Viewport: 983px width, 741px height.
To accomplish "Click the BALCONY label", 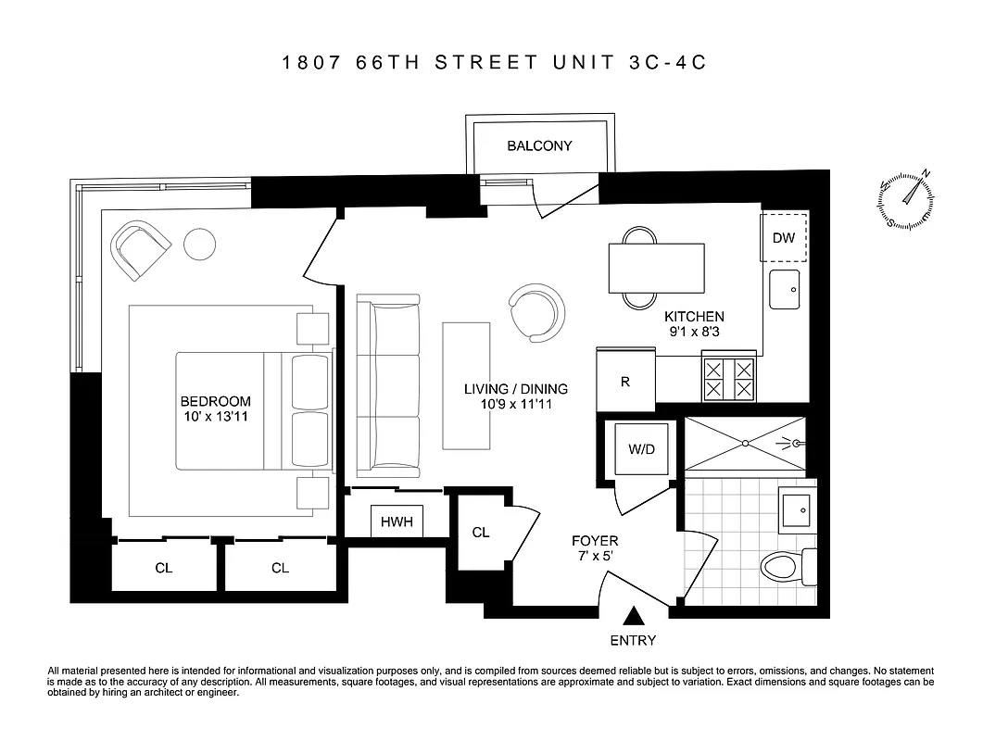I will pos(539,146).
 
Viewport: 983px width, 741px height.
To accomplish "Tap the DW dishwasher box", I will pos(784,238).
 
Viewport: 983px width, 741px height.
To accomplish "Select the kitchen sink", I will pos(785,290).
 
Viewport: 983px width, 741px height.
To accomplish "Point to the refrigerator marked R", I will pos(625,381).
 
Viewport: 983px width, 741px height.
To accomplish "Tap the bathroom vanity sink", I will pos(795,509).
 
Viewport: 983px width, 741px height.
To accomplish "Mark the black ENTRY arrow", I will pos(634,616).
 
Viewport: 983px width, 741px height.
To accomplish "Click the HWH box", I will pos(397,521).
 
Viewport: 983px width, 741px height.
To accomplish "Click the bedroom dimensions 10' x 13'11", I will pos(215,417).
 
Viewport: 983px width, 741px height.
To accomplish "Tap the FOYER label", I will pos(595,541).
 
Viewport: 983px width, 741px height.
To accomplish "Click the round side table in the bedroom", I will pos(199,244).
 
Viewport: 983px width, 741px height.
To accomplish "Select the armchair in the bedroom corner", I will pos(141,249).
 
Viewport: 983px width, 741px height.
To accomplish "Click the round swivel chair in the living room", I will pos(536,312).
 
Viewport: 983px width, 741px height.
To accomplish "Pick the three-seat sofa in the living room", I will pos(388,386).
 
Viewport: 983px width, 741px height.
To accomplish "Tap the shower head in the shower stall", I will pos(795,444).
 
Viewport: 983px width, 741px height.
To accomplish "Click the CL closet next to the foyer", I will pos(480,533).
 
